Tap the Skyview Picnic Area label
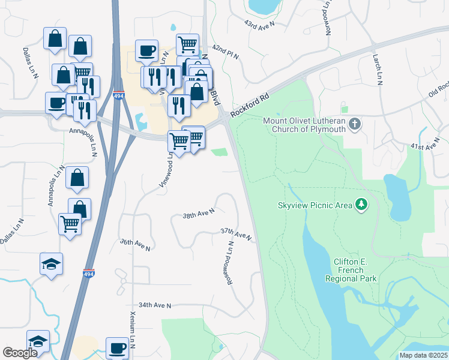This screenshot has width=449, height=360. tap(315, 205)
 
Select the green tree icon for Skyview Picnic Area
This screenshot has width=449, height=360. tap(361, 205)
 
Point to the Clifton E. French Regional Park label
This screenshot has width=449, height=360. tap(351, 270)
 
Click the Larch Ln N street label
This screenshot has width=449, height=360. tap(378, 68)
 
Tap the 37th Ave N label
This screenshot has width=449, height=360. tap(235, 234)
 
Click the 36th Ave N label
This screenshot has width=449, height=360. tap(134, 244)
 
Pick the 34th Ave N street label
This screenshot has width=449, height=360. tap(155, 305)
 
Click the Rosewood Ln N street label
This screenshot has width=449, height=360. tap(231, 265)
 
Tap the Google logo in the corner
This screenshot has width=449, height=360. tap(20, 353)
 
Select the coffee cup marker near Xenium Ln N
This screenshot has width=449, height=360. tap(118, 348)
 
